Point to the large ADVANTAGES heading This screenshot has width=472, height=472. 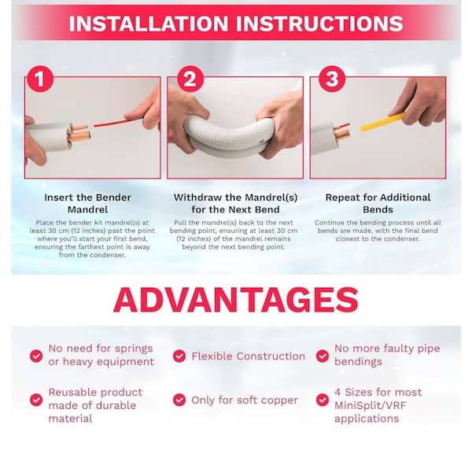235,300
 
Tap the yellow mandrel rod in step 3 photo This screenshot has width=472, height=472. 381,121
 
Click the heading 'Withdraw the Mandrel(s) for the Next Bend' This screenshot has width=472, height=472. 236,203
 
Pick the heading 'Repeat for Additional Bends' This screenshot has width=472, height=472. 378,203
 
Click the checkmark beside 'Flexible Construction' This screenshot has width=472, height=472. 179,356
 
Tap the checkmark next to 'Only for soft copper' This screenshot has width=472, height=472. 179,400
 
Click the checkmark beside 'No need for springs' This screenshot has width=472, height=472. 36,356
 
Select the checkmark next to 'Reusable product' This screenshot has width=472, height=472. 36,400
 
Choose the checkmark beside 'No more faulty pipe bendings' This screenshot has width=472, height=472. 322,356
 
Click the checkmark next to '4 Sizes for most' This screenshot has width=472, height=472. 322,400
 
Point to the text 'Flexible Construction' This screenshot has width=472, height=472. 248,356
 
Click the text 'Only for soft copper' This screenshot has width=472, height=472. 245,400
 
